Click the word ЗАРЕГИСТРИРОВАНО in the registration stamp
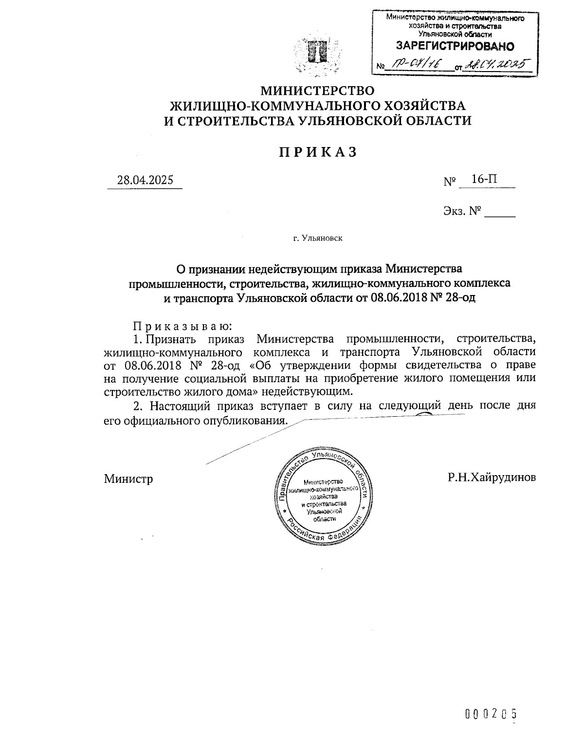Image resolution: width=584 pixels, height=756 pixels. (x=455, y=47)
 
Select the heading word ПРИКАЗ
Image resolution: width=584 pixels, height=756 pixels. (x=318, y=152)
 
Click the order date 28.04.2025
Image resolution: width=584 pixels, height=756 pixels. (x=145, y=180)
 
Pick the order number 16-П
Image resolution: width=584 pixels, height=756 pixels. (x=485, y=179)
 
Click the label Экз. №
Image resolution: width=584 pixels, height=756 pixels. (x=462, y=211)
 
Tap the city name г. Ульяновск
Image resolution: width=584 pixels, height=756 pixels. (x=318, y=239)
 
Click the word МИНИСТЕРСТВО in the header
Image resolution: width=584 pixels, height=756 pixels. (x=318, y=91)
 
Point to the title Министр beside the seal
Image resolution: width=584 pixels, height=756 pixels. (x=128, y=479)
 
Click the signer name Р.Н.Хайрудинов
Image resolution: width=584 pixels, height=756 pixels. (x=492, y=477)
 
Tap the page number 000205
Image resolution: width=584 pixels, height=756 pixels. (x=490, y=714)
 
